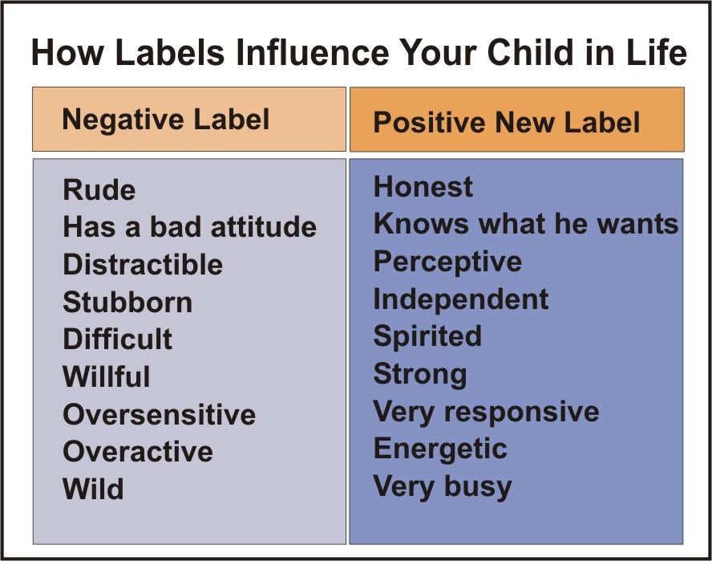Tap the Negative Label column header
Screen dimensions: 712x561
(166, 120)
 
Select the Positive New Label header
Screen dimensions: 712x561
(506, 123)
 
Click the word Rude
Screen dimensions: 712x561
(99, 189)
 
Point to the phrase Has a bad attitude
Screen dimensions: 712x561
(190, 226)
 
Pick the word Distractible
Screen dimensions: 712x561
(143, 264)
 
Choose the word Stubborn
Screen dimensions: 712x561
(127, 302)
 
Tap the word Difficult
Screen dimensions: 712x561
(118, 339)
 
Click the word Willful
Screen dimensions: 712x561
(107, 376)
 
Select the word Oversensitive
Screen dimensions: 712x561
(160, 414)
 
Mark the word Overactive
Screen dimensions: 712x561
(138, 451)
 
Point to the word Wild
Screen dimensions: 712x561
(93, 489)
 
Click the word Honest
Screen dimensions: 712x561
(423, 186)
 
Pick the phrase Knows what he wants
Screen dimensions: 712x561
(526, 224)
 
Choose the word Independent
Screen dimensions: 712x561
(461, 300)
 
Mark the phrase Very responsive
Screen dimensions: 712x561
(487, 413)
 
